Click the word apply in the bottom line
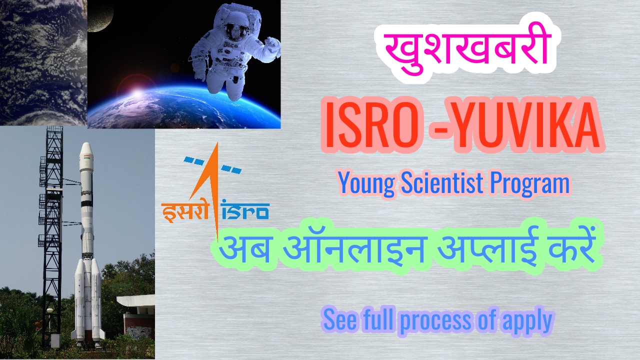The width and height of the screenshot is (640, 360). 527,320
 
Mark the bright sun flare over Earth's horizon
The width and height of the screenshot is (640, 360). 135,92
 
